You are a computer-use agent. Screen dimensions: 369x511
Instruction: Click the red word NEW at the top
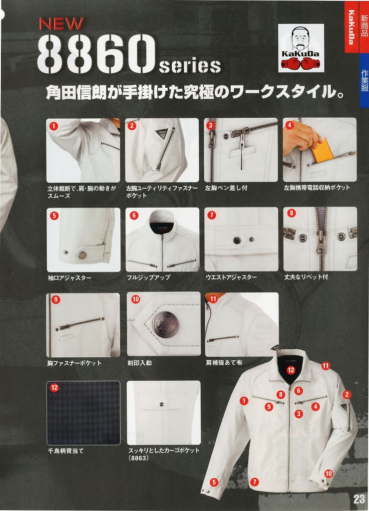[x=61, y=23]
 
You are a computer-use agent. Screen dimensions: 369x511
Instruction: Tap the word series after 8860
[x=190, y=65]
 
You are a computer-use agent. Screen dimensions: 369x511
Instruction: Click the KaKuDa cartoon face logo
[x=301, y=48]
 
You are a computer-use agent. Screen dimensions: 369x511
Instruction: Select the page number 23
[x=359, y=499]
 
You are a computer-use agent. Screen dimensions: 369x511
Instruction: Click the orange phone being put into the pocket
[x=323, y=151]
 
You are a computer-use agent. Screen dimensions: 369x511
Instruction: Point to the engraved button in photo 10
[x=166, y=324]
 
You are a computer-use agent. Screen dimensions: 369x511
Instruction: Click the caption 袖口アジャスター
[x=69, y=278]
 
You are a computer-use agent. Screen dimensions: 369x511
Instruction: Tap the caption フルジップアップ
[x=148, y=277]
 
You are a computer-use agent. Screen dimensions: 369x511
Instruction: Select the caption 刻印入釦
[x=139, y=363]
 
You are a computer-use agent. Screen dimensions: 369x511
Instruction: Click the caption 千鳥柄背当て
[x=65, y=451]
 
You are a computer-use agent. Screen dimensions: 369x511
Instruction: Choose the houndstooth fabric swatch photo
[x=83, y=413]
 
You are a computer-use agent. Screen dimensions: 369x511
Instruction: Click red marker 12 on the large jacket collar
[x=291, y=370]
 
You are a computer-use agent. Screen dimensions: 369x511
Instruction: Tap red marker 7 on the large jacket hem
[x=254, y=482]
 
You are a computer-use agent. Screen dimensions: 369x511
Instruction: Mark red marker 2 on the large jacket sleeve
[x=347, y=395]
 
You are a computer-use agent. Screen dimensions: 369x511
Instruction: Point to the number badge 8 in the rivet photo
[x=292, y=214]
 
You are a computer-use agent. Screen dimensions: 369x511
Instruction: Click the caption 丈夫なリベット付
[x=306, y=277]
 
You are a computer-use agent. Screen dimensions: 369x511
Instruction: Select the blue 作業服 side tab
[x=364, y=80]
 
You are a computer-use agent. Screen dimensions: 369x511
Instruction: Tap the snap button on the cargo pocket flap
[x=161, y=404]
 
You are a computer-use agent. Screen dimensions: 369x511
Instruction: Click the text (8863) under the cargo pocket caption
[x=138, y=458]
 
